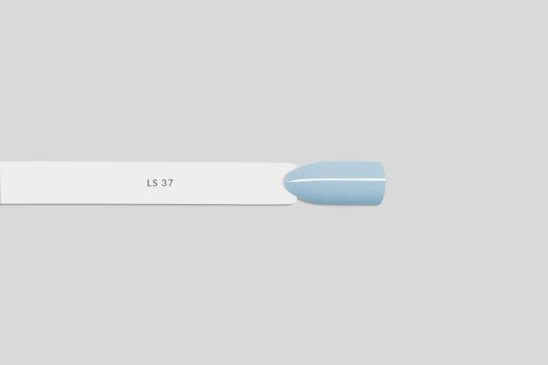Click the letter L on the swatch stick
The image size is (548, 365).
(149, 183)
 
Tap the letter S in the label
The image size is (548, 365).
(155, 183)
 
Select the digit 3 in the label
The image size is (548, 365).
(164, 183)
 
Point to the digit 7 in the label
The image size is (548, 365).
(171, 183)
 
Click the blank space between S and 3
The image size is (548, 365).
(160, 183)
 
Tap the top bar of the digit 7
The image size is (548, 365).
(171, 180)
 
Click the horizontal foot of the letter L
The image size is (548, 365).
(149, 186)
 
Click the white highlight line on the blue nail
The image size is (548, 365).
(336, 180)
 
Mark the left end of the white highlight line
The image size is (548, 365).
(287, 181)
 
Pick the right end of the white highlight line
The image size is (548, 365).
(385, 180)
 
